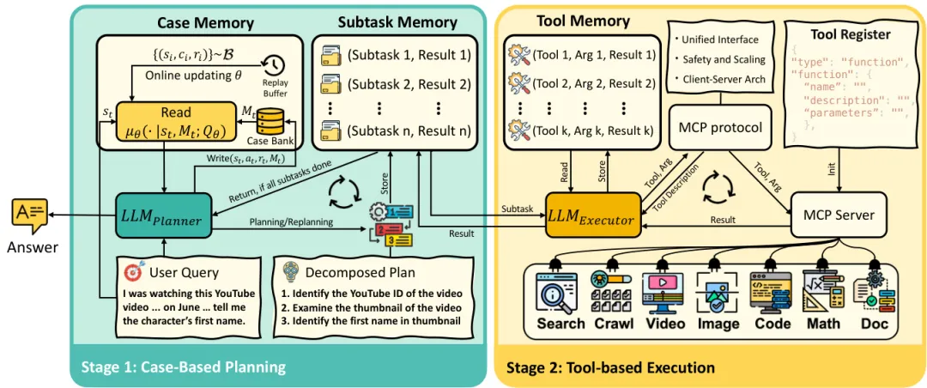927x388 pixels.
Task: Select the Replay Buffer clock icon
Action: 273,65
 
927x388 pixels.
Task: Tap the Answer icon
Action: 28,215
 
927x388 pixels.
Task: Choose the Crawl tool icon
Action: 612,292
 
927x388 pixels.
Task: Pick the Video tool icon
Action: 665,292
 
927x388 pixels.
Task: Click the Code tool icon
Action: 772,292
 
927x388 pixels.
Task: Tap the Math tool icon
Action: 824,292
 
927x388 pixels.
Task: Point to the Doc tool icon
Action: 875,292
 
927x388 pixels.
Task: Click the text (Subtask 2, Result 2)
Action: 409,85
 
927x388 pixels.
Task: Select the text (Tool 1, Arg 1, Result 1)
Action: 594,55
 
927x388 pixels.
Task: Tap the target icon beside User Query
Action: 133,273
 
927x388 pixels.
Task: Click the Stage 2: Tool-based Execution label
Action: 610,368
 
